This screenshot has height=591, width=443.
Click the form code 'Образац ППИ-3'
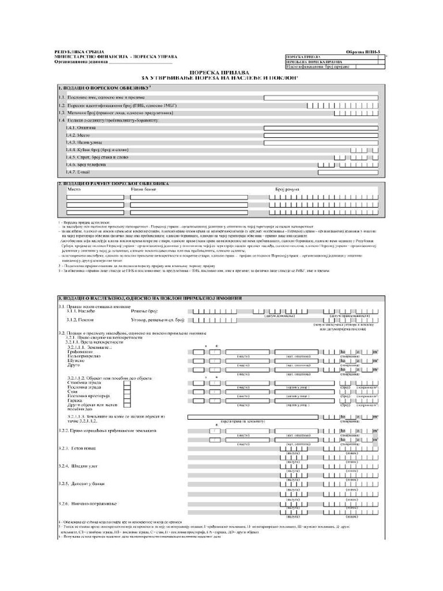coord(363,52)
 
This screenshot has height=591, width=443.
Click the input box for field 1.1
coord(321,98)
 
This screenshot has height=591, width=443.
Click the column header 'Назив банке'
coord(144,189)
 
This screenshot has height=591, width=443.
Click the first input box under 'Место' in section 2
coord(95,197)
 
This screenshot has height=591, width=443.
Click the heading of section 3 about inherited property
coord(150,298)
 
